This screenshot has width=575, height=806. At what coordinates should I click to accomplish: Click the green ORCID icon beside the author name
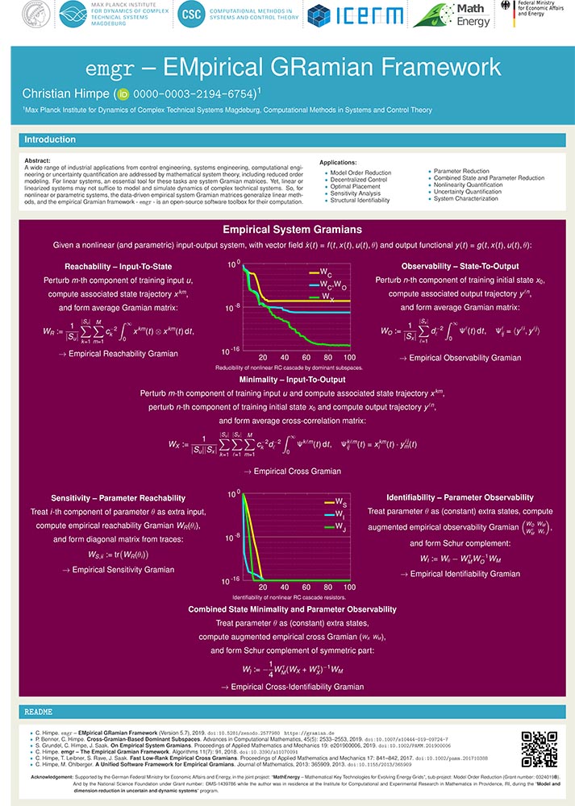click(123, 94)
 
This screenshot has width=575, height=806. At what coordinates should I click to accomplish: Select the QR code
click(539, 749)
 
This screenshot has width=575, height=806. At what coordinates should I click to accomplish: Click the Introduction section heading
click(50, 139)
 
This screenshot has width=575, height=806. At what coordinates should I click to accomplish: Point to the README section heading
click(39, 713)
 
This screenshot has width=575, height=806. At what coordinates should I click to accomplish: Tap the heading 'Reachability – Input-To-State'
click(118, 266)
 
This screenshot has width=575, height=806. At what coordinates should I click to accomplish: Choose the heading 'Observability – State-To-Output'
click(460, 266)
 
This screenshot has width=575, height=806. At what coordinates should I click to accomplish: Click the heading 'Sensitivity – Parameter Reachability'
click(118, 498)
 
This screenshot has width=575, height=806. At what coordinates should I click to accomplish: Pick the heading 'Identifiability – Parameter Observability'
click(460, 497)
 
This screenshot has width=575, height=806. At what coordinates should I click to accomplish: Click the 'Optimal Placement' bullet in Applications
click(351, 186)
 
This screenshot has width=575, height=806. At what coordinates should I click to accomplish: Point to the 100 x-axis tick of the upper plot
click(349, 356)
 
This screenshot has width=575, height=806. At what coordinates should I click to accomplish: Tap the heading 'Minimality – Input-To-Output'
click(292, 379)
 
